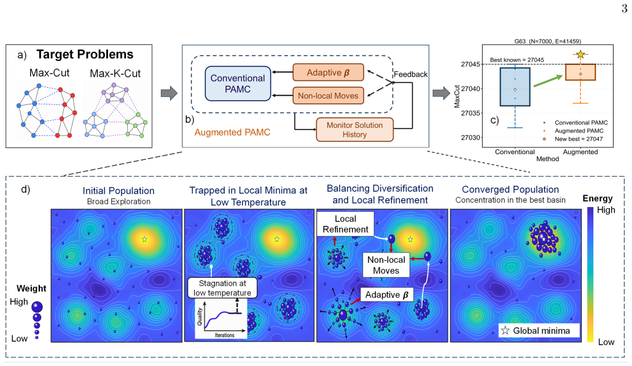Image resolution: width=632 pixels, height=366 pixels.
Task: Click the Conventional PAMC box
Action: (238, 84)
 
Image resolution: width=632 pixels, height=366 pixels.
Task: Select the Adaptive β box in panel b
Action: (328, 72)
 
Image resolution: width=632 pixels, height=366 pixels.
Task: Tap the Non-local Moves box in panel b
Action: (328, 96)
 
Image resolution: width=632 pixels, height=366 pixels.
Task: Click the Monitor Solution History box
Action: (355, 130)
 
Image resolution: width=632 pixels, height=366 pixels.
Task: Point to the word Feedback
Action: (410, 74)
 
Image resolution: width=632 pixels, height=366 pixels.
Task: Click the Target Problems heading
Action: (85, 55)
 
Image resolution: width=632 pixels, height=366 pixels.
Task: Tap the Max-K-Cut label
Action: (115, 73)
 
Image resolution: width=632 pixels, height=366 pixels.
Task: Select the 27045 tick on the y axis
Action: (470, 64)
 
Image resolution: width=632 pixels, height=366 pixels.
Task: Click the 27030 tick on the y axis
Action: (470, 138)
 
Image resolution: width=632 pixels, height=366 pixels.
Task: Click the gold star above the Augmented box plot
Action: (580, 54)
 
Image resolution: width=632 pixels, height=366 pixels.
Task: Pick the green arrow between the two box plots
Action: (548, 80)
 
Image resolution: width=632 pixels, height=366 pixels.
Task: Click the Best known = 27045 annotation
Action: (517, 60)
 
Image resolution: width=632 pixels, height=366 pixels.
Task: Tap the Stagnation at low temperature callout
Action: (222, 288)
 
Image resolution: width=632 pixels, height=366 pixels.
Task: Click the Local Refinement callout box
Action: (345, 224)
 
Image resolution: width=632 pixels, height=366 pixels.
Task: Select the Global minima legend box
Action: (539, 330)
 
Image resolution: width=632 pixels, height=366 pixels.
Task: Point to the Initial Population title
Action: (119, 190)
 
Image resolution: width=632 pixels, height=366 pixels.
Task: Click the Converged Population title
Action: (510, 190)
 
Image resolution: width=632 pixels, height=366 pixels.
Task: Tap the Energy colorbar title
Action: (598, 198)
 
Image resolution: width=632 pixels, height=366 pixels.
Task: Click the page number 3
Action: (625, 9)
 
